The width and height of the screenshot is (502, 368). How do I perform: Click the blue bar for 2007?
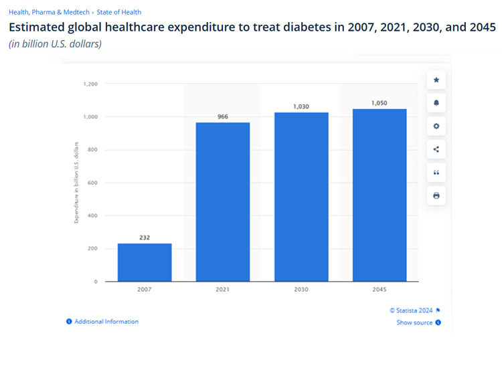pos(145,262)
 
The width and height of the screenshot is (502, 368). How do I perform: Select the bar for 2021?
pos(223,202)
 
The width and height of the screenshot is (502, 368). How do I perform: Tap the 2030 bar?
pos(301,197)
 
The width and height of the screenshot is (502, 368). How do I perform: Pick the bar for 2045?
pos(380,195)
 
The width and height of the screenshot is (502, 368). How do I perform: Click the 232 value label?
pos(145,237)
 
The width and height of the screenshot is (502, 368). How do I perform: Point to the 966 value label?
pos(223,116)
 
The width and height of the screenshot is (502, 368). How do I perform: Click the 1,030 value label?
pos(301,106)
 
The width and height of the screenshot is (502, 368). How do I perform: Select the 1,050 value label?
pos(380,103)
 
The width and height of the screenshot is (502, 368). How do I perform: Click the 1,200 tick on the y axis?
pos(90,84)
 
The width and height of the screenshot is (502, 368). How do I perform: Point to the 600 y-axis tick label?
pos(92,183)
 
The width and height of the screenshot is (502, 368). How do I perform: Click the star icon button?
pos(436,80)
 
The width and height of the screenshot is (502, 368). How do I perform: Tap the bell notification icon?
pos(436,103)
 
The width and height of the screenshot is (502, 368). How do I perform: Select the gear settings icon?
pos(436,126)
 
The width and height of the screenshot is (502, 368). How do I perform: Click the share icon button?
pos(436,149)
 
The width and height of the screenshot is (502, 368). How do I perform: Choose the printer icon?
pos(436,195)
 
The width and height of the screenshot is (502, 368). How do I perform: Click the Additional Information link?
pos(106,322)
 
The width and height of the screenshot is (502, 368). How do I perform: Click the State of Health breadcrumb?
pos(118,12)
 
